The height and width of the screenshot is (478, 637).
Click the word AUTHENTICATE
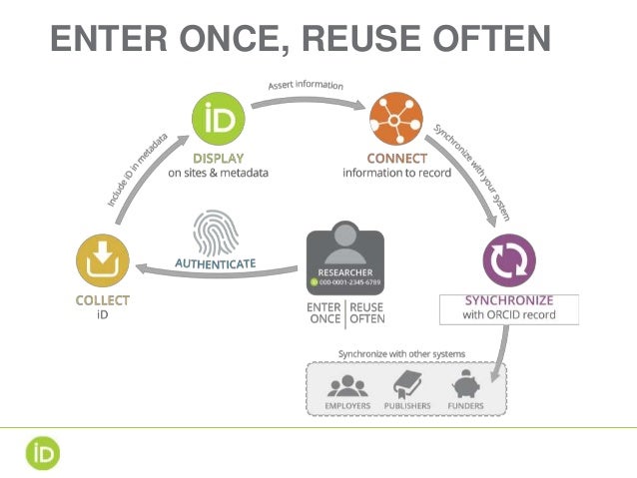(x=216, y=263)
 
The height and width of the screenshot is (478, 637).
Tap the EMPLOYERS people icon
(x=347, y=384)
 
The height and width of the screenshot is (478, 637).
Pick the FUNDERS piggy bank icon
(x=466, y=384)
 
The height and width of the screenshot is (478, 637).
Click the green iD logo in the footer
(x=43, y=453)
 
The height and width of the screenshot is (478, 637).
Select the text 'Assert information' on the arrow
(x=306, y=86)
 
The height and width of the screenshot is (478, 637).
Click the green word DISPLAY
(x=218, y=158)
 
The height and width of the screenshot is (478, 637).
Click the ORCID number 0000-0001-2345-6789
(x=349, y=282)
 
